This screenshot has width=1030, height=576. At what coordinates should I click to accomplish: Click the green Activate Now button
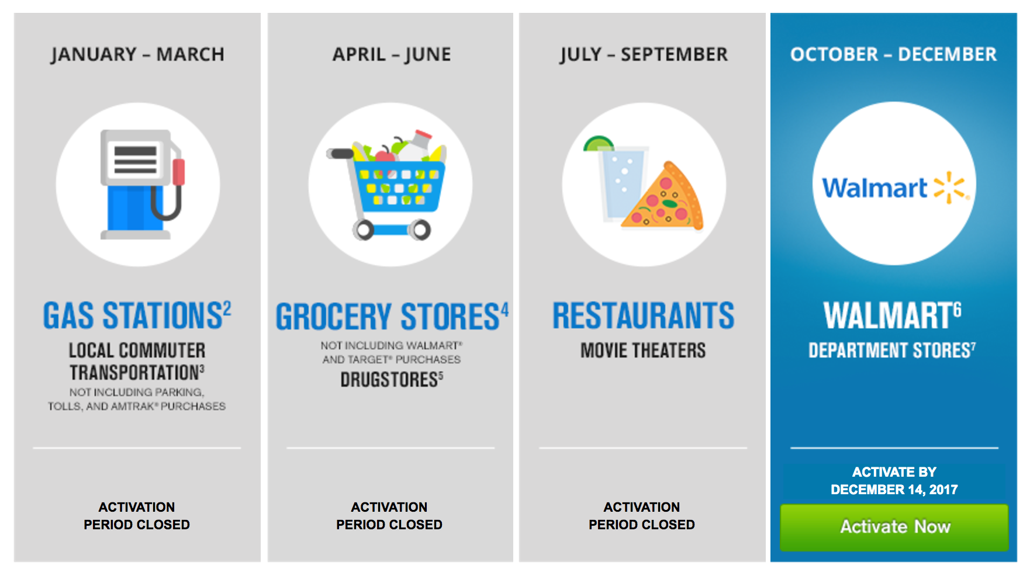tap(894, 527)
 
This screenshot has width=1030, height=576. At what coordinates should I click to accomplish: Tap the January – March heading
tap(137, 54)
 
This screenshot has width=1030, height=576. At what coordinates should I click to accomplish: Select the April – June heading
tap(392, 54)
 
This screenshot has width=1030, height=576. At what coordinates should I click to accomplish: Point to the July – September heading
tap(644, 54)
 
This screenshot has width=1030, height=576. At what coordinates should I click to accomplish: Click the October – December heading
tap(893, 54)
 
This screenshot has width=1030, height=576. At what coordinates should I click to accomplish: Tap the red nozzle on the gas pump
tap(178, 172)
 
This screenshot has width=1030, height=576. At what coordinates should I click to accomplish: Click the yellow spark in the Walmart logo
tap(950, 188)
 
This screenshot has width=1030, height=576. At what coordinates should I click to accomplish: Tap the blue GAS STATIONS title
tap(137, 315)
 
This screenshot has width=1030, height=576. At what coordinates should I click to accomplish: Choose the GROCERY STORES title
tap(392, 316)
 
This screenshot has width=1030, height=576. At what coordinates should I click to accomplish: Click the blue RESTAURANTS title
tap(643, 315)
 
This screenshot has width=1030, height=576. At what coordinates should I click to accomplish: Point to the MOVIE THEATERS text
tap(643, 351)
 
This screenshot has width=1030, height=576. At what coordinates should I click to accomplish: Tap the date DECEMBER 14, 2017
tap(894, 490)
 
